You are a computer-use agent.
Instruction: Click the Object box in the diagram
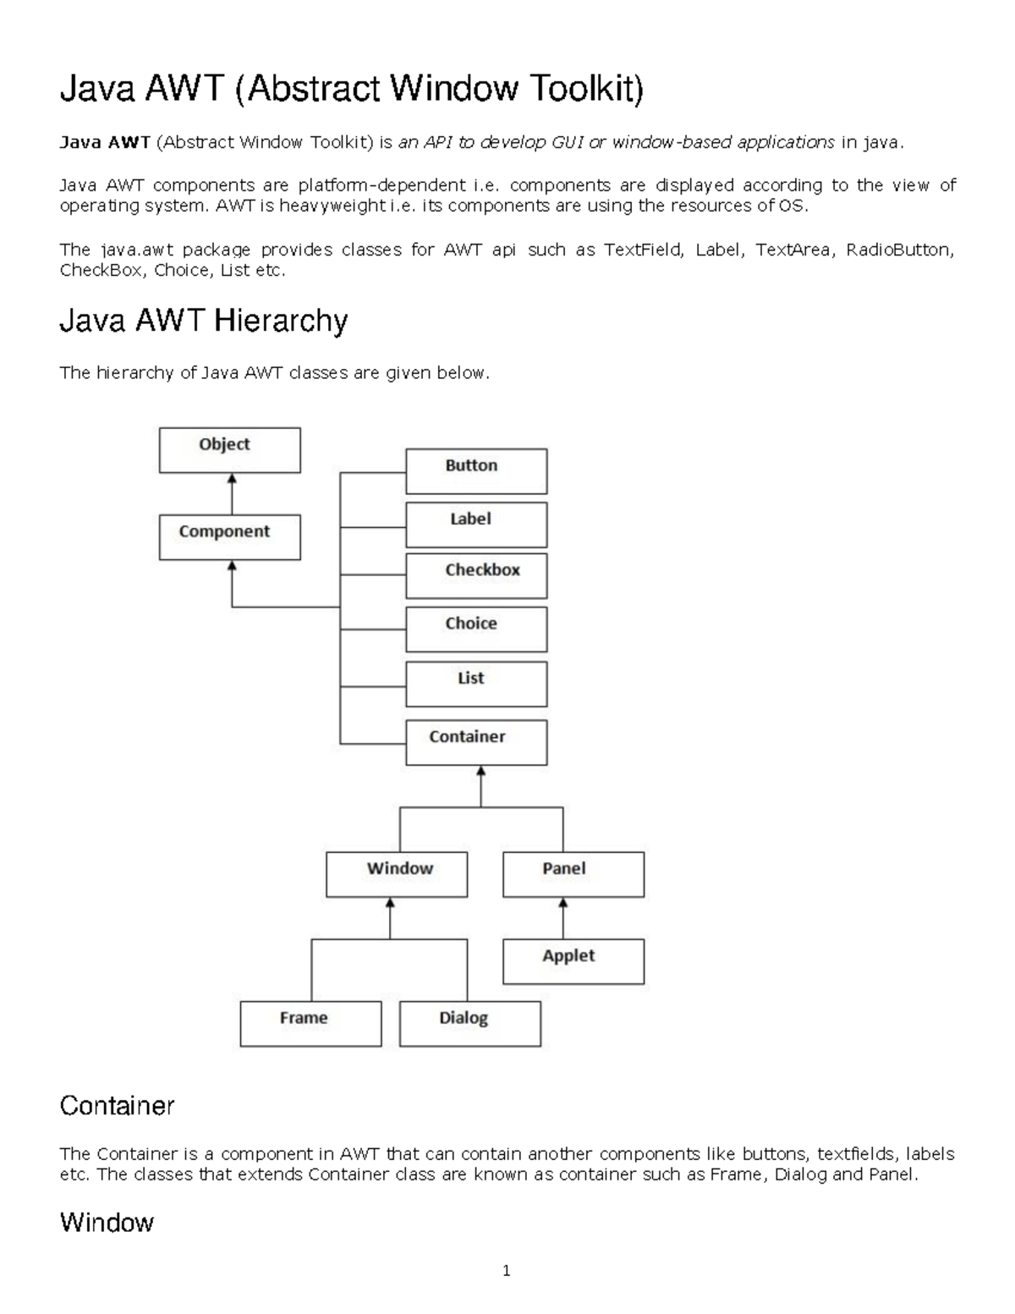230,450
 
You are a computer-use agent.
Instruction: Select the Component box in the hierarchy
230,537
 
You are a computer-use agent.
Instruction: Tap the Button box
476,471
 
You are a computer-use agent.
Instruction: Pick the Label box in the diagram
476,525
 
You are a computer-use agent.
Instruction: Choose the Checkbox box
476,576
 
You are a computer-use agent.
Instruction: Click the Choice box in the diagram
476,630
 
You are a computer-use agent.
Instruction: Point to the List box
476,684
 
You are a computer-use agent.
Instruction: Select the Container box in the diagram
476,743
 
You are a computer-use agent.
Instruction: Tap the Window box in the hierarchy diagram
397,874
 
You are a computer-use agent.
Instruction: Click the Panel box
573,874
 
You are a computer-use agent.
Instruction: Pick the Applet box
573,961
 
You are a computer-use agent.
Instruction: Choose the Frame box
310,1024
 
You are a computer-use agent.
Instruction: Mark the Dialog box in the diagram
470,1024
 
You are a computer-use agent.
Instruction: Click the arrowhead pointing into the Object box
232,479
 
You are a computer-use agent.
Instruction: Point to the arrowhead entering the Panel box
563,903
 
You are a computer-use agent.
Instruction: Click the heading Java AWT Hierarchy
204,321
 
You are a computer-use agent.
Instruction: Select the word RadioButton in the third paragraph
900,250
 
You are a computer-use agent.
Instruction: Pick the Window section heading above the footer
107,1222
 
